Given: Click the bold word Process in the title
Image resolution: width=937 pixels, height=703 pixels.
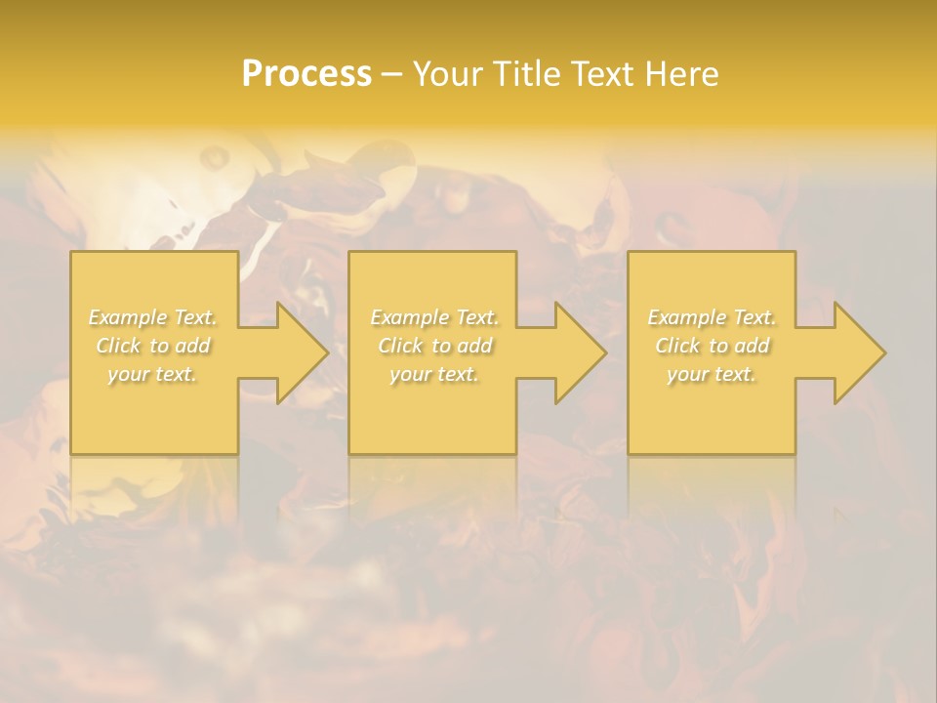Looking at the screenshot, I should coord(306,74).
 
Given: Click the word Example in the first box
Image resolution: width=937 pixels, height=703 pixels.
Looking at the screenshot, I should coord(128,317).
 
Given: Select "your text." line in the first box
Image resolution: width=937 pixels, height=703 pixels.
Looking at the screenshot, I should coord(152,374).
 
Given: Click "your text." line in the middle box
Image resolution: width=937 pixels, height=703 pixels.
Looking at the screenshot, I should coord(434,374).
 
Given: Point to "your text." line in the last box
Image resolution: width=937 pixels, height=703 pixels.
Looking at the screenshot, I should coord(712,374).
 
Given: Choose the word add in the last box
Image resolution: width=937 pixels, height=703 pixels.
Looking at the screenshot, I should coord(754,346).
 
